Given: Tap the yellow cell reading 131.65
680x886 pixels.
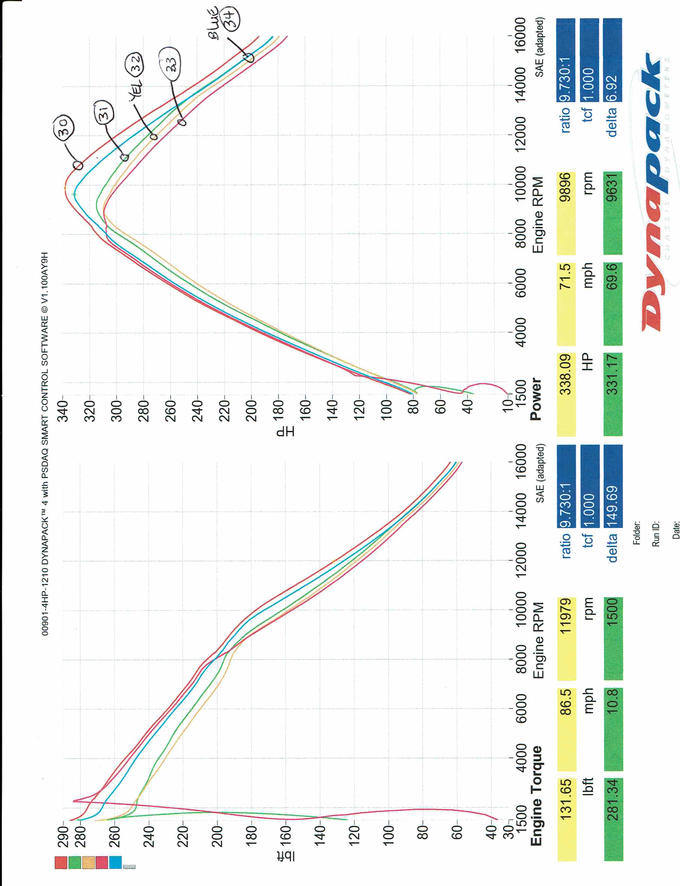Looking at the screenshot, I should click(x=566, y=802).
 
